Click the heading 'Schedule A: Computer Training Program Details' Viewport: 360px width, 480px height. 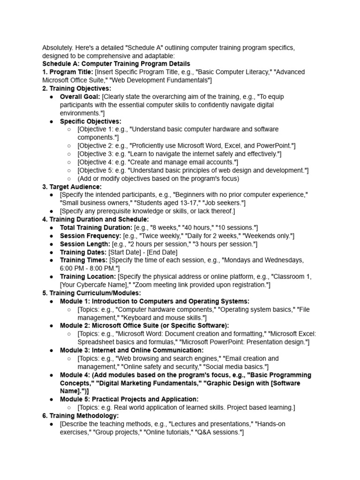click(116, 64)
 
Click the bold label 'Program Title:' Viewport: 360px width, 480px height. click(71, 72)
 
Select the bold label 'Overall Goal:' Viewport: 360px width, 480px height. click(80, 97)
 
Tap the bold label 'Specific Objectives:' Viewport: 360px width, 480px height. click(90, 121)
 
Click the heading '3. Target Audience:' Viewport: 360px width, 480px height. click(72, 187)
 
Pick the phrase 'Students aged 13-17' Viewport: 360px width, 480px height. click(160, 203)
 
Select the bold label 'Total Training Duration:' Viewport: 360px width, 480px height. click(96, 227)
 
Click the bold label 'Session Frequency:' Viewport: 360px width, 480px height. click(90, 236)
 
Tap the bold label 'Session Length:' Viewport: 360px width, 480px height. click(85, 244)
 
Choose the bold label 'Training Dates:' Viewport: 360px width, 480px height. click(83, 252)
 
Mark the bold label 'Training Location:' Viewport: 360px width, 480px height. click(88, 277)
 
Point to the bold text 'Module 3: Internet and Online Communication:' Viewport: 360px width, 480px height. click(132, 350)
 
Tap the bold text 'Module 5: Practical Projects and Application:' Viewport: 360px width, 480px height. click(129, 399)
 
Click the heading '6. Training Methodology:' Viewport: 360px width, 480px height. click(80, 415)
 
